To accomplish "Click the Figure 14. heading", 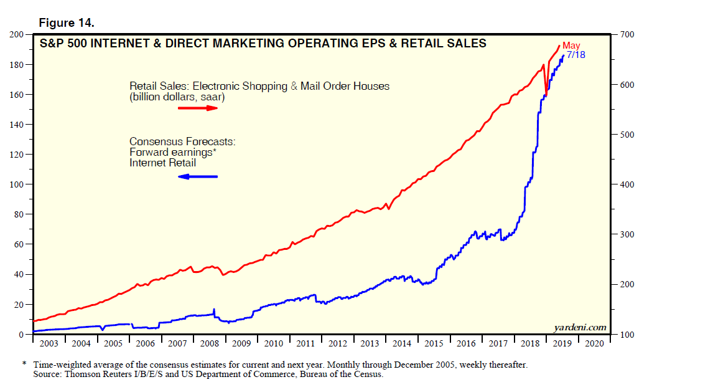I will point(67,23).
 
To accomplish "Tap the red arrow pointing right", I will point(198,108).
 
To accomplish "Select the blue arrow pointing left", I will point(198,177).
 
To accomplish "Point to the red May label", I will point(571,45).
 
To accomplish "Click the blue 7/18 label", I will point(575,55).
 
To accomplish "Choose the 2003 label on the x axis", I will point(49,343).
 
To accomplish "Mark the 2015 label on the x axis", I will point(434,343).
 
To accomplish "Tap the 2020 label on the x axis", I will point(594,343).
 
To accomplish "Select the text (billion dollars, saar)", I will point(177,97).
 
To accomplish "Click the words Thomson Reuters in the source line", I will point(98,375).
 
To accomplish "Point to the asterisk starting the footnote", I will point(24,364).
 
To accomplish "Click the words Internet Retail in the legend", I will point(162,163).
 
